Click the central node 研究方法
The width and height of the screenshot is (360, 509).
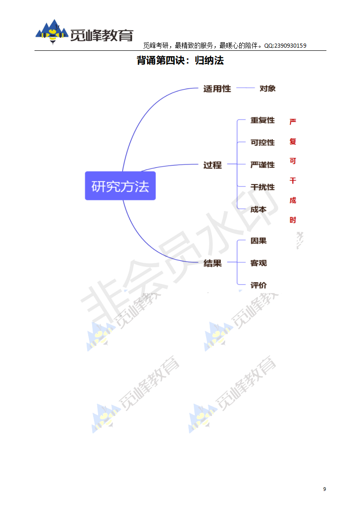pos(120,186)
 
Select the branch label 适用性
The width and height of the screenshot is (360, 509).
pos(217,89)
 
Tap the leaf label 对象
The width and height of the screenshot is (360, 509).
pos(267,88)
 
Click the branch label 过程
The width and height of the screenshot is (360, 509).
pos(212,165)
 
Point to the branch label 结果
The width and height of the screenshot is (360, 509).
pos(212,263)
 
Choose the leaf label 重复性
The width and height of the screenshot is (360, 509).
pos(262,120)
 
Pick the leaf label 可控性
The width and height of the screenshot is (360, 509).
pos(262,142)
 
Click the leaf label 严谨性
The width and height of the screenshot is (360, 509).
pos(262,165)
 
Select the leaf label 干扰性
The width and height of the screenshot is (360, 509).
pos(262,187)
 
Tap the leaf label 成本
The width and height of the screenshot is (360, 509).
pos(258,210)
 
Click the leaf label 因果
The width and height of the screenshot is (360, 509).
pos(258,240)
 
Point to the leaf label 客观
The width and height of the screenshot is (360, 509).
pos(258,263)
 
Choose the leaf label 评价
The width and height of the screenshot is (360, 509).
pos(258,285)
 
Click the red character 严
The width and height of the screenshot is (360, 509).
pos(293,122)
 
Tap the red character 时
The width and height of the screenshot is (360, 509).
pos(293,220)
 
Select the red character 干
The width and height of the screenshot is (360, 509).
pos(293,181)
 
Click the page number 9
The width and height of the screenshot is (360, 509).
pos(324,489)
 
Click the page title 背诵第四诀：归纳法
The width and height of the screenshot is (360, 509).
pos(180,60)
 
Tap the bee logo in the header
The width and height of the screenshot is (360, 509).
pos(53,33)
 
